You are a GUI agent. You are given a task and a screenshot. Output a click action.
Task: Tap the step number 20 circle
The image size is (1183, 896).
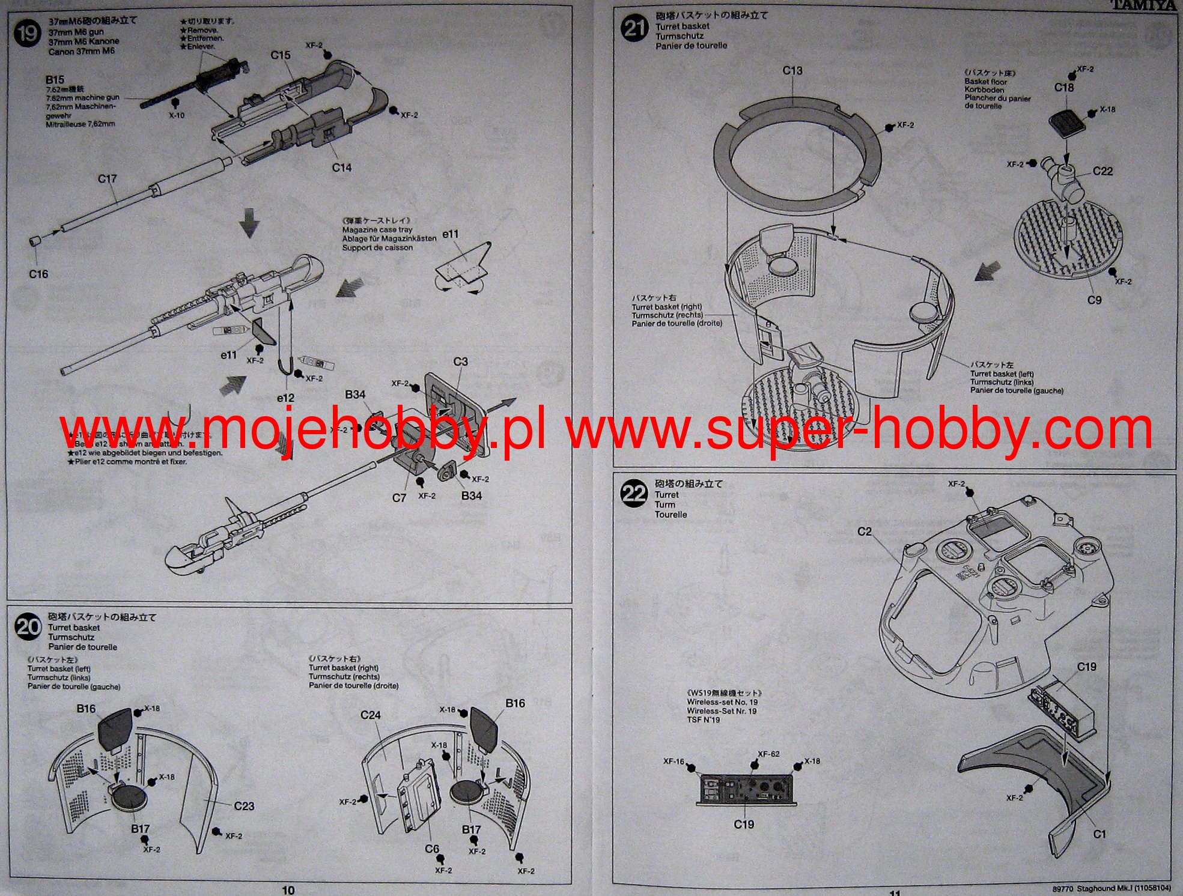(x=28, y=627)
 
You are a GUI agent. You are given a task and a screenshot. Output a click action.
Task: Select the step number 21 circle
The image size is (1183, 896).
(x=634, y=28)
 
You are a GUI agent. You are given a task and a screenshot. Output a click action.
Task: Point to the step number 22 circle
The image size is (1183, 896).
(x=633, y=494)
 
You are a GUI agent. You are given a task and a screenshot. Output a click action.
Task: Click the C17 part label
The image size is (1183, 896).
(x=107, y=179)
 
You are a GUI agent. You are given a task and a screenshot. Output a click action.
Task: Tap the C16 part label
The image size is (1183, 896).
(x=38, y=274)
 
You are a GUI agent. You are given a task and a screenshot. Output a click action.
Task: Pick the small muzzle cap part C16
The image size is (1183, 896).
(x=35, y=242)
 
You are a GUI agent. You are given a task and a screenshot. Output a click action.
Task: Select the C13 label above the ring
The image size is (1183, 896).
(x=792, y=71)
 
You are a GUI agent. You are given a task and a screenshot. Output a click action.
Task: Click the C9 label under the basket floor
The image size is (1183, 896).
(x=1094, y=300)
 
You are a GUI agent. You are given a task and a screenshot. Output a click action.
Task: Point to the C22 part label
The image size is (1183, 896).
(x=1102, y=171)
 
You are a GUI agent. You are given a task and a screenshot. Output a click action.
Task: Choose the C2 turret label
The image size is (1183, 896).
(x=864, y=531)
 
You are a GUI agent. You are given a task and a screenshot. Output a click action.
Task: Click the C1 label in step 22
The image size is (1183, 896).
(x=1099, y=834)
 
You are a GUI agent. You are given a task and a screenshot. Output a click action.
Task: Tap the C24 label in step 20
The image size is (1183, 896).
(x=371, y=715)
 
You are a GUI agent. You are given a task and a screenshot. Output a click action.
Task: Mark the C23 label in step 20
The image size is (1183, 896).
(x=244, y=806)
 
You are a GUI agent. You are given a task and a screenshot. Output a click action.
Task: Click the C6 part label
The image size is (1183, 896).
(x=432, y=849)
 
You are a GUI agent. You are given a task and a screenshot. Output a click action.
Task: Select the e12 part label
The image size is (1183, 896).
(x=286, y=398)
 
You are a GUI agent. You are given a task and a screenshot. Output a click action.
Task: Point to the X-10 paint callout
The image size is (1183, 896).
(x=176, y=115)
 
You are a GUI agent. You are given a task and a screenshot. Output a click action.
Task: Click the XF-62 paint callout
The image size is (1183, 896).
(x=768, y=754)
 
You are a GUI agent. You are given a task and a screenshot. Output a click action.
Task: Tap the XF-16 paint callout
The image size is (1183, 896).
(x=674, y=761)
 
